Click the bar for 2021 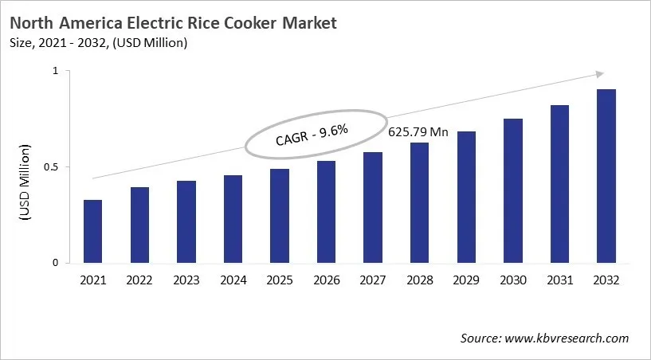pyautogui.click(x=93, y=231)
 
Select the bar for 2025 pyautogui.click(x=280, y=216)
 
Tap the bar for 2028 pyautogui.click(x=419, y=202)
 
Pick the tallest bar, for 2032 pyautogui.click(x=606, y=176)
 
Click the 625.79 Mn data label pyautogui.click(x=418, y=132)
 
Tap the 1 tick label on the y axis pyautogui.click(x=56, y=71)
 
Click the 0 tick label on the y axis pyautogui.click(x=55, y=263)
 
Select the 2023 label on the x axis pyautogui.click(x=186, y=280)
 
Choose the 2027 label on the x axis pyautogui.click(x=373, y=280)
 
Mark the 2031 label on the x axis pyautogui.click(x=559, y=280)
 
